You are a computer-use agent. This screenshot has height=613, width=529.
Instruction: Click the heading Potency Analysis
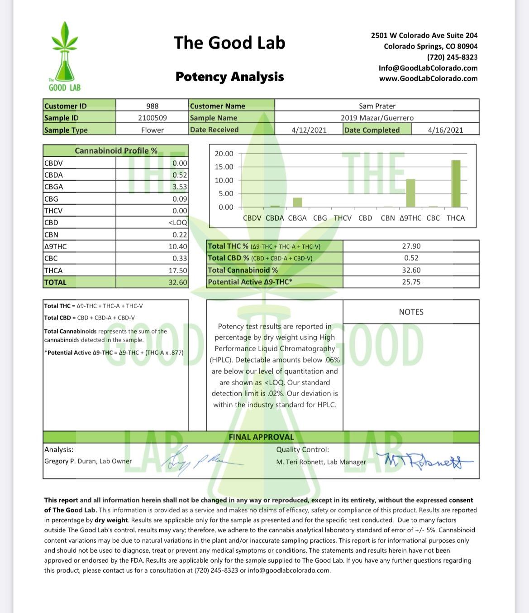tap(229, 77)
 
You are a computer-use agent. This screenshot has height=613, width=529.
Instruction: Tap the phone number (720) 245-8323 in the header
tap(452, 57)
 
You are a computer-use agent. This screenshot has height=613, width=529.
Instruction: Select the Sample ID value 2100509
tap(153, 118)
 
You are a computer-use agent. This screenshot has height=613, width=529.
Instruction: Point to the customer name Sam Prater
tap(377, 106)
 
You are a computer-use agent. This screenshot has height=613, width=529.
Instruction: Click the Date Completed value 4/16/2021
tap(445, 130)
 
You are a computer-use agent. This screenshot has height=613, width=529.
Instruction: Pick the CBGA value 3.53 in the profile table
tap(180, 187)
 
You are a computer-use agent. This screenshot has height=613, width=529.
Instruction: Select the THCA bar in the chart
tap(456, 183)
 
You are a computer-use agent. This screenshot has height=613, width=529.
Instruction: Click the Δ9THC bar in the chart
tap(410, 193)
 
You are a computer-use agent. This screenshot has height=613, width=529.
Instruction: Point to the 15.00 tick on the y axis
tap(224, 167)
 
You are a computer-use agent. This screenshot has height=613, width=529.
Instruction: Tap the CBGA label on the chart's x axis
tap(297, 218)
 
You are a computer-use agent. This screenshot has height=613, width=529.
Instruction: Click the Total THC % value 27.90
tap(411, 246)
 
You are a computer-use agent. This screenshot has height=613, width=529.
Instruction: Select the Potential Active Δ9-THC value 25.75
tap(411, 282)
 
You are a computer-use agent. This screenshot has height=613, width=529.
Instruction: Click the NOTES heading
tap(411, 312)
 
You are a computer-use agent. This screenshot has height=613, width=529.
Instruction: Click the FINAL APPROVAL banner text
tap(261, 437)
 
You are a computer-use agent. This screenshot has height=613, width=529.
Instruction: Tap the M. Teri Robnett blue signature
tap(423, 461)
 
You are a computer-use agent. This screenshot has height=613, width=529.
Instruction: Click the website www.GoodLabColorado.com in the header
tap(428, 78)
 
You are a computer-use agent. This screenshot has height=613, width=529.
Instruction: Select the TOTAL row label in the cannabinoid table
tap(55, 282)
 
